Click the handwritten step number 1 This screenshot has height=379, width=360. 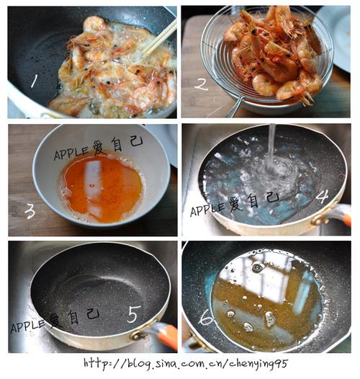[x=32, y=81]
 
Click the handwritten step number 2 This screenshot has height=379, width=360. [x=201, y=84]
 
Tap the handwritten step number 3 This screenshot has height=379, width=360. [x=30, y=211]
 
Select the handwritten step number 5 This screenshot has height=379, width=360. [x=133, y=314]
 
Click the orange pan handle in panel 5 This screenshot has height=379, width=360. [x=167, y=336]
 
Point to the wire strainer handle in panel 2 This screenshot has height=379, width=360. [x=234, y=108]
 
